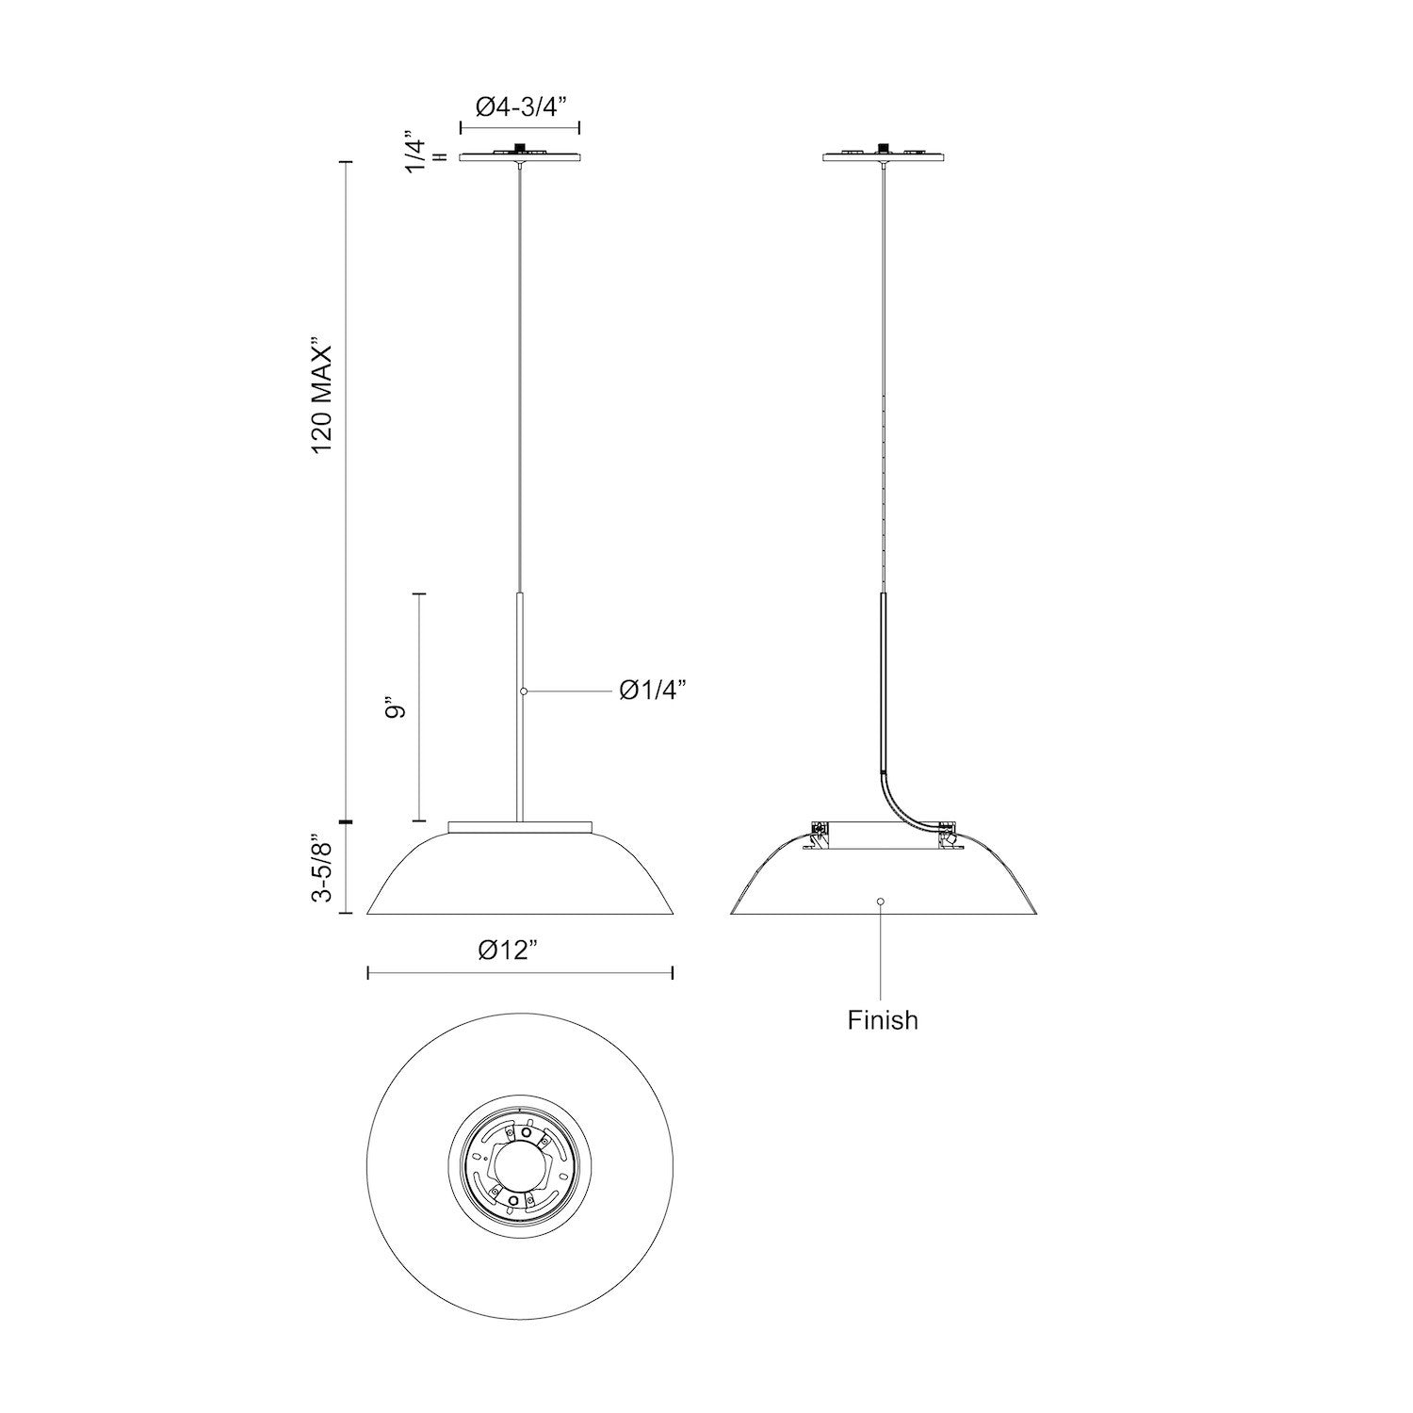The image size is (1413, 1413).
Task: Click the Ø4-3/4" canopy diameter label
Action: tap(519, 107)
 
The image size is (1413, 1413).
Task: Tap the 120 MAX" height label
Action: tap(324, 399)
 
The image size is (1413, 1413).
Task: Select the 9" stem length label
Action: tap(397, 709)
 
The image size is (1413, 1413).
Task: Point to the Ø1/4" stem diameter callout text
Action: tap(652, 691)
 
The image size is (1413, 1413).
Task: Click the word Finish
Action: tap(882, 1019)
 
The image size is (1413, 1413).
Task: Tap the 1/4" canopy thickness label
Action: tap(415, 151)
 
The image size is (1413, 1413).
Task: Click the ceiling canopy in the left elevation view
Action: tap(519, 155)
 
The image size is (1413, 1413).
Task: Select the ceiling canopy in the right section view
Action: tap(883, 155)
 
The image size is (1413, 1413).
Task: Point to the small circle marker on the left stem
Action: tap(524, 691)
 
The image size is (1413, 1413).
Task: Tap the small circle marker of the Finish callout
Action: tap(881, 901)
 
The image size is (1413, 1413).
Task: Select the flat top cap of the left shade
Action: tap(520, 826)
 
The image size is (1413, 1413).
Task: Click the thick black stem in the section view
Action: tap(884, 678)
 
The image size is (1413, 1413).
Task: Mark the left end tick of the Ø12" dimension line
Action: tap(367, 972)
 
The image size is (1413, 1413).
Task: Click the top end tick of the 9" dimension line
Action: tap(419, 594)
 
